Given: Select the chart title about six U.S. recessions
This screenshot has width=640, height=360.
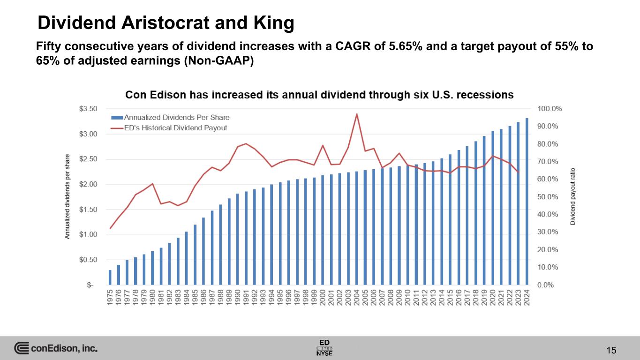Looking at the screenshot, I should (319, 95).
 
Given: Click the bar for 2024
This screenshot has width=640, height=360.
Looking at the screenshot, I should (527, 202).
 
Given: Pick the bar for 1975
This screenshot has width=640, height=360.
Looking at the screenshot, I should (110, 277).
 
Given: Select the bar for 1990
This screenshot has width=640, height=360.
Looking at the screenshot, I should (238, 239).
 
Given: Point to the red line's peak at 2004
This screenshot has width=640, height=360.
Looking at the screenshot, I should (357, 114).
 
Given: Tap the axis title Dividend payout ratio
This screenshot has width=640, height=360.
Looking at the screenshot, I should (572, 196).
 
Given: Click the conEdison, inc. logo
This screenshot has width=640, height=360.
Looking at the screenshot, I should (56, 348).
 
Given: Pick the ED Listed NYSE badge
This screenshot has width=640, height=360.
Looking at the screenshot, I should (324, 347).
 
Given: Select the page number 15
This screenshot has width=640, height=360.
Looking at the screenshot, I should (610, 350).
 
